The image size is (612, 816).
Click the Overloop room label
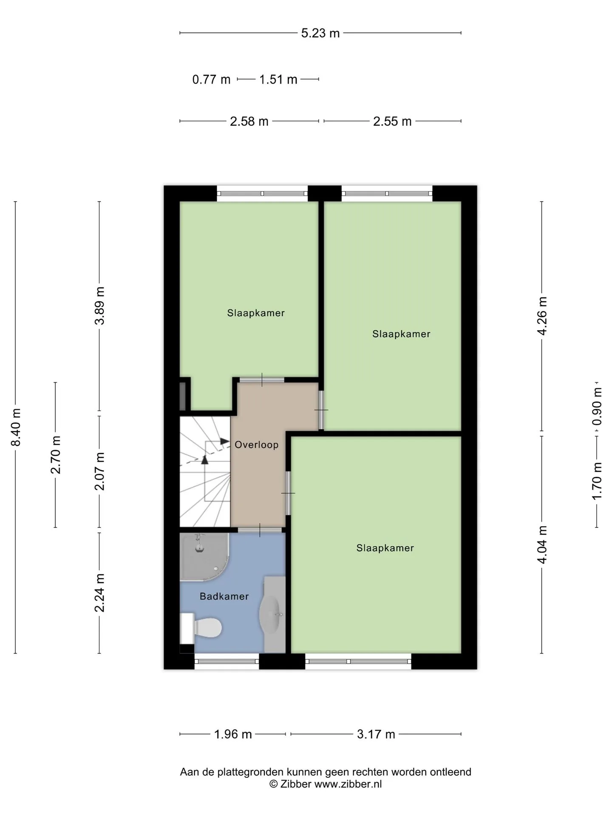click(256, 445)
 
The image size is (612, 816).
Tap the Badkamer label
click(224, 596)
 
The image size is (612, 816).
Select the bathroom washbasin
click(270, 615)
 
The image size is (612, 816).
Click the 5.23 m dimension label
click(320, 33)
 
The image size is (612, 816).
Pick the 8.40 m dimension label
click(16, 427)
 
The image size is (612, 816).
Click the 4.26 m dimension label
click(542, 316)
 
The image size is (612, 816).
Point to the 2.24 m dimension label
click(99, 593)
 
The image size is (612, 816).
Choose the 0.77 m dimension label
click(211, 79)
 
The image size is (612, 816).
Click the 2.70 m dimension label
click(56, 455)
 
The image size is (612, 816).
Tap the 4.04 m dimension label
click(542, 544)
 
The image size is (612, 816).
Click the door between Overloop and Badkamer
click(260, 530)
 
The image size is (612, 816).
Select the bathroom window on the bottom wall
click(227, 661)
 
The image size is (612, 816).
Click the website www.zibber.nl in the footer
click(348, 784)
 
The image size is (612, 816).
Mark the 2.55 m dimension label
click(392, 122)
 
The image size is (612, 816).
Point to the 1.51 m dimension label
click(278, 79)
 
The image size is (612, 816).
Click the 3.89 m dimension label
click(99, 306)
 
